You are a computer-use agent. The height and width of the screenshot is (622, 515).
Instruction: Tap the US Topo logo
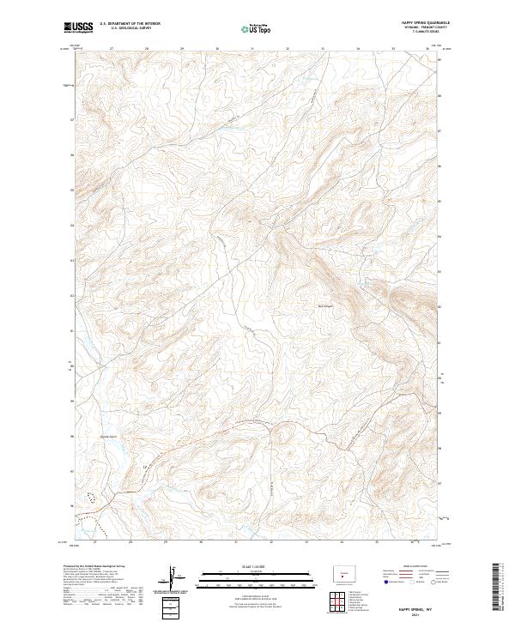coord(257,29)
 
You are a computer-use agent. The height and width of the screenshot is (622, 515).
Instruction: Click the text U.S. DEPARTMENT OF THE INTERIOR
coord(130,25)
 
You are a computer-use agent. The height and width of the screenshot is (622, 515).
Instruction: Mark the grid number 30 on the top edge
coord(217,49)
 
